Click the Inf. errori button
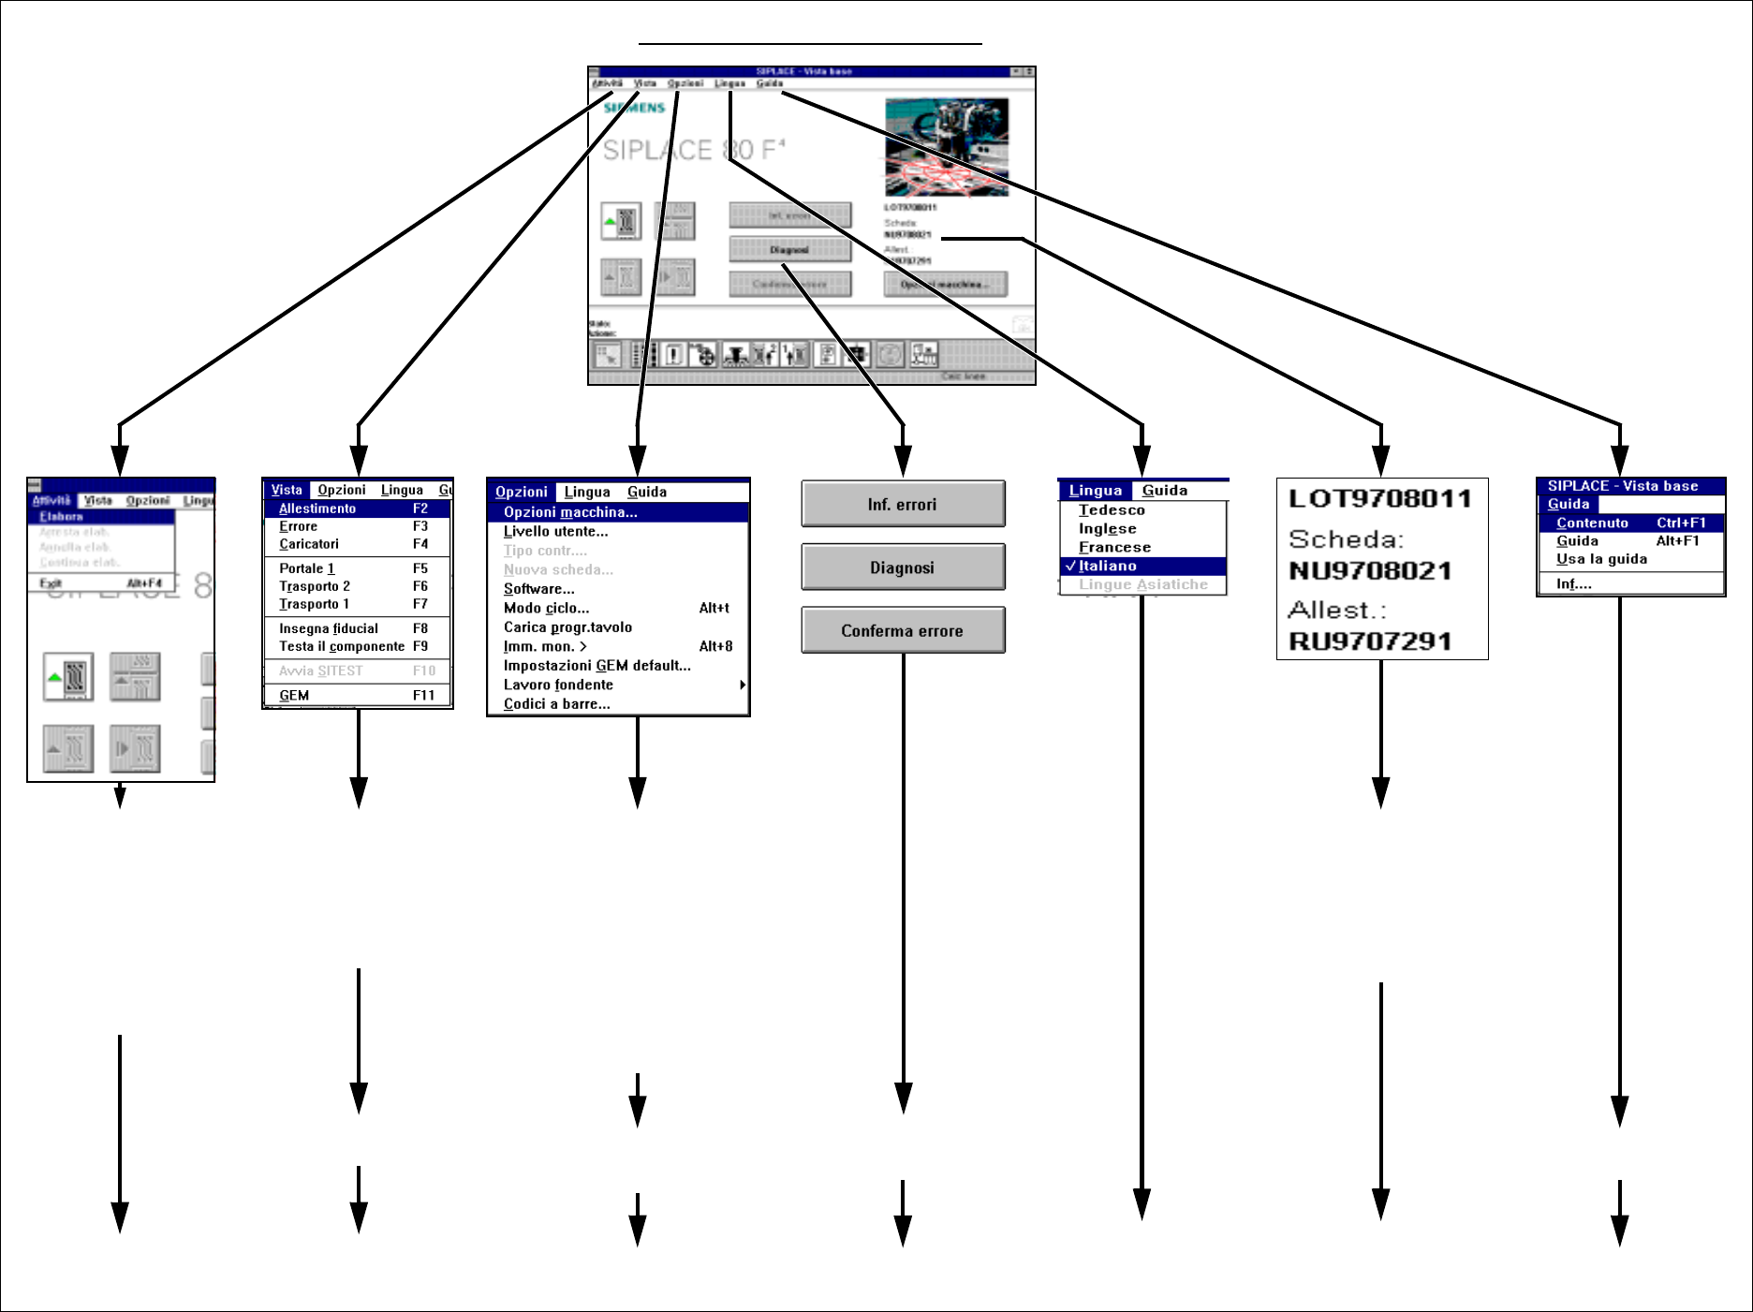point(903,505)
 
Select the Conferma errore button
point(903,630)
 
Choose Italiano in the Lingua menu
point(1108,566)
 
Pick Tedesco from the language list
point(1112,510)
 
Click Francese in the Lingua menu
point(1114,547)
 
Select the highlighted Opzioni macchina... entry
point(570,512)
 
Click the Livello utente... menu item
point(555,531)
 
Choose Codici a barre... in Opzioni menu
point(556,704)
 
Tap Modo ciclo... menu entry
point(546,608)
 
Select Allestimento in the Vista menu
point(317,509)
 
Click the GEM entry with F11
point(294,695)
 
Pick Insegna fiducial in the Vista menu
point(329,628)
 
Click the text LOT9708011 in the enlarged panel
point(1379,498)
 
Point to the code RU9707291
point(1370,641)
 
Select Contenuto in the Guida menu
point(1592,523)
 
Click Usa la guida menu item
point(1601,559)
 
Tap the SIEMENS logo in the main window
point(634,108)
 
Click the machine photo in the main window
point(947,147)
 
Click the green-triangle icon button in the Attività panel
point(68,676)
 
